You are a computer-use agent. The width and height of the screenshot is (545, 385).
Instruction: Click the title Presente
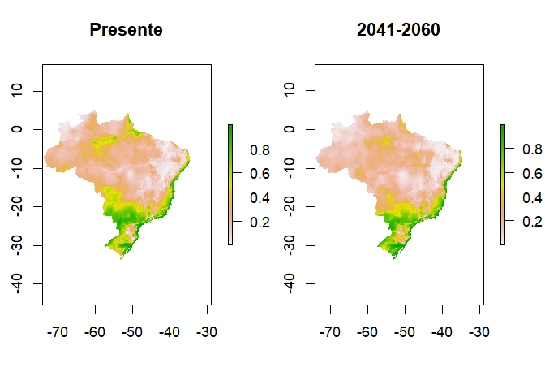click(x=126, y=31)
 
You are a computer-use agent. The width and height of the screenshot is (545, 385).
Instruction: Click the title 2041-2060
click(x=398, y=31)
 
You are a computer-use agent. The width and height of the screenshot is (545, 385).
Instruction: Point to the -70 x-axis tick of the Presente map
click(x=58, y=332)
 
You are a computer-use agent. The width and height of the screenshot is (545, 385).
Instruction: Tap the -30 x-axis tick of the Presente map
click(x=208, y=332)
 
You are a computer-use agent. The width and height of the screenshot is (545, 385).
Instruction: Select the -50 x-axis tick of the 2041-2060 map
click(x=406, y=332)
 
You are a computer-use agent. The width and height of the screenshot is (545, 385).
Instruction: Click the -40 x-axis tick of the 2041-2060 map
click(x=443, y=332)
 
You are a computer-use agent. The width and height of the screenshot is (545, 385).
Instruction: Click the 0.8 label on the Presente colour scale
click(x=250, y=150)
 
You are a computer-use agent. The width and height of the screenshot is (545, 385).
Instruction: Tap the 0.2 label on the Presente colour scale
click(x=250, y=222)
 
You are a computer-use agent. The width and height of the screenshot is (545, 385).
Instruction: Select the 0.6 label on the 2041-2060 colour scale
click(x=522, y=174)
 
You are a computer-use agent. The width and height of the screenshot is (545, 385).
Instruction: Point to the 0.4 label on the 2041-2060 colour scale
click(x=522, y=197)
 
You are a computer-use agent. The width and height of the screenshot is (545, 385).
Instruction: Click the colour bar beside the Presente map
click(x=231, y=184)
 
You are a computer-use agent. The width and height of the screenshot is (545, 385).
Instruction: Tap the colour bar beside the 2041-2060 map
click(x=504, y=184)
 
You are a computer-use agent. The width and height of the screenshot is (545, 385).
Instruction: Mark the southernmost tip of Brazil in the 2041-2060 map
click(x=394, y=258)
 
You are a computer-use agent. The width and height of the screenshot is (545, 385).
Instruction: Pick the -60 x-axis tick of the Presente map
click(x=96, y=332)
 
